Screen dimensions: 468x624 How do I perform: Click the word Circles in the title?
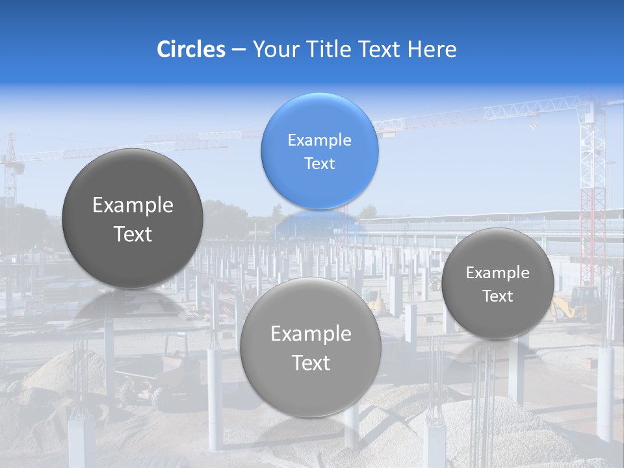(191, 49)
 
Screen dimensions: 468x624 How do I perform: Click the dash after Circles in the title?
(239, 50)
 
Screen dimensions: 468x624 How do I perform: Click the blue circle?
(319, 151)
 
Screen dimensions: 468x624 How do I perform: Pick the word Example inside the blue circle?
(319, 140)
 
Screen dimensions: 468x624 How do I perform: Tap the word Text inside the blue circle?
(319, 163)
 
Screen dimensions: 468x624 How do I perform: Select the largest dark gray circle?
(133, 218)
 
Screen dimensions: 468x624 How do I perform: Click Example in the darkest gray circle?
(133, 205)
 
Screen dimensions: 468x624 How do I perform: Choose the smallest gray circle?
(497, 283)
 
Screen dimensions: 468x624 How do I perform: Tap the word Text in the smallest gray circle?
(497, 296)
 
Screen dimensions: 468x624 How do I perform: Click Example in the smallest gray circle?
(497, 273)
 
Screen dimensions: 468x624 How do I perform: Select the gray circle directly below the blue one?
(310, 347)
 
